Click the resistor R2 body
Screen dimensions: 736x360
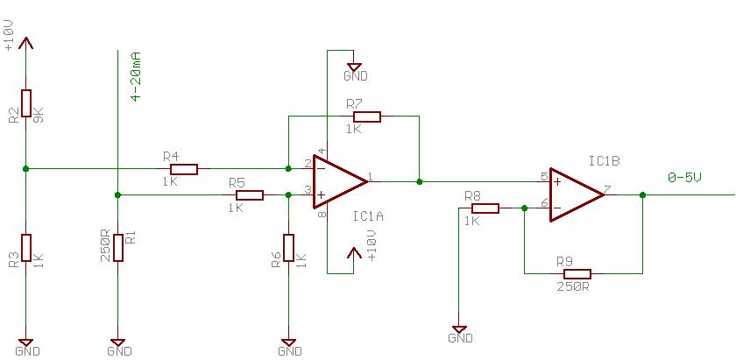tap(25, 103)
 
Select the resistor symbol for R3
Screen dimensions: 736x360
tap(25, 248)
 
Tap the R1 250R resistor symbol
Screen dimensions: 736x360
tap(117, 248)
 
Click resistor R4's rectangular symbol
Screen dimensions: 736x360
tap(184, 169)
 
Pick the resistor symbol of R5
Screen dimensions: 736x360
tap(250, 195)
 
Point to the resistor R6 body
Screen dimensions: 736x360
tap(288, 248)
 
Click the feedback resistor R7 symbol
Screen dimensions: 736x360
tap(367, 116)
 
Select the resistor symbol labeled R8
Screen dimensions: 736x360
tap(485, 208)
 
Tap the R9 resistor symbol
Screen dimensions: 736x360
tap(577, 274)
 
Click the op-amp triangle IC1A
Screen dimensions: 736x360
tap(340, 181)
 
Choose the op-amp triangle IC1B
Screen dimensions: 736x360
tap(577, 194)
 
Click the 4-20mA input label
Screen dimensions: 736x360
tap(136, 77)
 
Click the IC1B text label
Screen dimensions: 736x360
tap(605, 160)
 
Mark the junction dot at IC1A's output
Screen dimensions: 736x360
tap(419, 181)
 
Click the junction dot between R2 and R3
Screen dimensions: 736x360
tap(25, 168)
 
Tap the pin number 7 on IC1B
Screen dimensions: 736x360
tap(607, 190)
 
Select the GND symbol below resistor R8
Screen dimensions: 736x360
tap(460, 329)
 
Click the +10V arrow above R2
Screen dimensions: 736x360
tap(25, 43)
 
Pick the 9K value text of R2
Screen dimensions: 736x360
tap(39, 115)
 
